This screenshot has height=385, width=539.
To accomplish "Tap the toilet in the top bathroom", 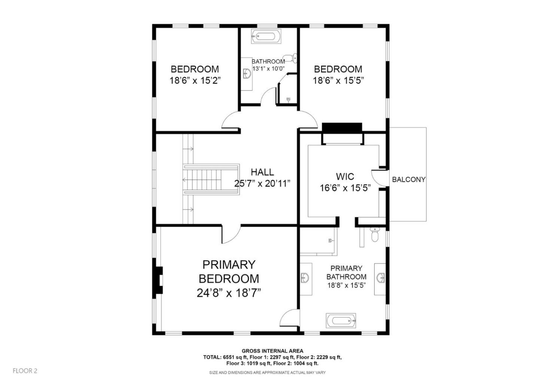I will click(x=295, y=58).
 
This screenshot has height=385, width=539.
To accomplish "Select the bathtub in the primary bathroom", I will click(x=341, y=321).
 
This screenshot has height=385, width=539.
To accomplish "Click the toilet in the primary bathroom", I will click(x=374, y=235).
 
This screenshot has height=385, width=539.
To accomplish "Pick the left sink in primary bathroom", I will click(x=305, y=278).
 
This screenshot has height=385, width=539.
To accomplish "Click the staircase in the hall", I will click(x=211, y=179).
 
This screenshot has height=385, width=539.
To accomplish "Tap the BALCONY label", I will click(x=408, y=180).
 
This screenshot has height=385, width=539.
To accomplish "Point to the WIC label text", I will click(x=345, y=176).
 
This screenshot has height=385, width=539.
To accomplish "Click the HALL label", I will click(x=262, y=172).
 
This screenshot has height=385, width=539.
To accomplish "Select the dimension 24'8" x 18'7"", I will click(x=229, y=293).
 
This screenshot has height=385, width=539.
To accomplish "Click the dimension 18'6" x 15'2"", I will click(x=195, y=80).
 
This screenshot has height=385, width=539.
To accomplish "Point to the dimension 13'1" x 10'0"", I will click(x=268, y=69).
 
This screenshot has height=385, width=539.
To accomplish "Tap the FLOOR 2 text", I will click(x=25, y=371).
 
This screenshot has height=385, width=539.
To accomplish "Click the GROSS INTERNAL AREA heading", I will click(x=272, y=351).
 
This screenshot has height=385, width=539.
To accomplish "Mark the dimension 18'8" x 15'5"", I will click(x=346, y=285).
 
